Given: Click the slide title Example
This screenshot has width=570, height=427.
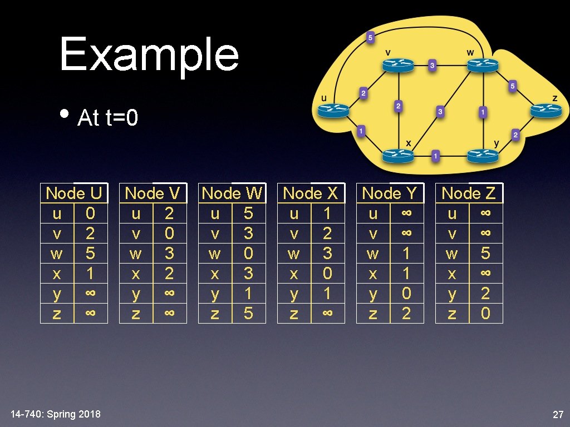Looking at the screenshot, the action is point(149,54).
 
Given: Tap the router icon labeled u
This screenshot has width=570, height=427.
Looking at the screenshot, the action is point(333,111).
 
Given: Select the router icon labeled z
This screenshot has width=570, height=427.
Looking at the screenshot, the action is point(546,110).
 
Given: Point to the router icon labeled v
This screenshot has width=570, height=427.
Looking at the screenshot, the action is point(398,65).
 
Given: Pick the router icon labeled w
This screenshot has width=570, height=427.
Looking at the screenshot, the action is point(481,65).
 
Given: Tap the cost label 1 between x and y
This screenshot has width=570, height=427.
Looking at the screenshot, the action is point(435,157).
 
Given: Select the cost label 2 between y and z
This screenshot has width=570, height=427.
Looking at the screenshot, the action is point(515,135).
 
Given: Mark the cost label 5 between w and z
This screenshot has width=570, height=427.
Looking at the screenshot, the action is point(512,86).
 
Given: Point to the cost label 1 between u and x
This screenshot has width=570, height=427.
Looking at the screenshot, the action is point(361,132).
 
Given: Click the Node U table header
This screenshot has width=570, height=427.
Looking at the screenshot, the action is point(74,193).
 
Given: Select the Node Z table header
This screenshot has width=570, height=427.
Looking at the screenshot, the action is point(469,193).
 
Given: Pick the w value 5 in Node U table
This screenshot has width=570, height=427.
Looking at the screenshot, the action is point(91,254).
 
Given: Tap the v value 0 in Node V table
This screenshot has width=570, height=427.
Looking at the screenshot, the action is point(170,234).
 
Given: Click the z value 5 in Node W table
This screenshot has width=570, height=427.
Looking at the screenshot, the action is point(248,313).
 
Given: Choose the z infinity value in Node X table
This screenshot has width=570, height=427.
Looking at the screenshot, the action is point(327,314).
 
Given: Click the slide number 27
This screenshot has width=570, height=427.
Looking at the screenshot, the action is point(558,415).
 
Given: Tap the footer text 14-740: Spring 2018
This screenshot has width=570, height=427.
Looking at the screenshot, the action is point(56,414).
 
